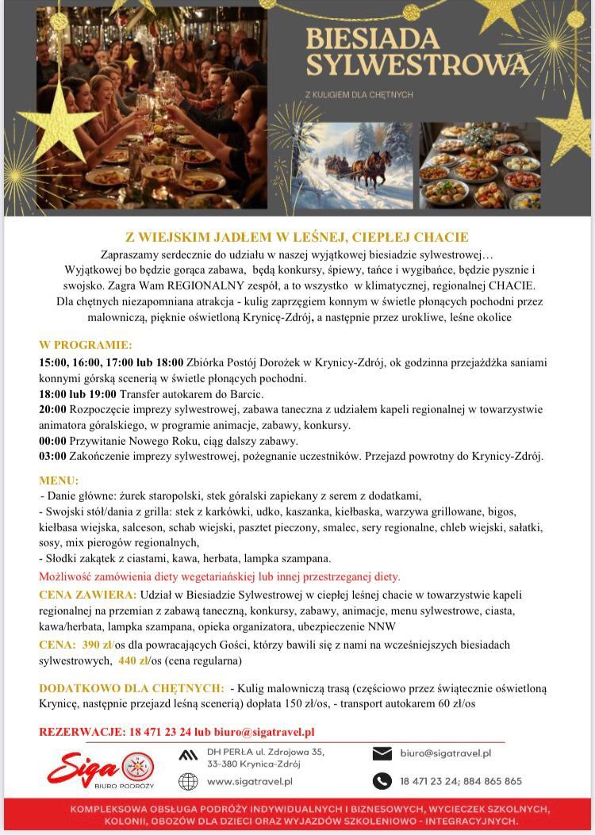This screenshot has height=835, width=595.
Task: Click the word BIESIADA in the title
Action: [372, 37]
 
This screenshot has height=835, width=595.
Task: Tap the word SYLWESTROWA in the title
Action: [417, 63]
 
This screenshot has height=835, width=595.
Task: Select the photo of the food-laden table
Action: [479, 166]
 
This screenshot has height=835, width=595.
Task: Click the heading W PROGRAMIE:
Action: [86, 345]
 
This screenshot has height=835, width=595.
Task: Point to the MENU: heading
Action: [59, 480]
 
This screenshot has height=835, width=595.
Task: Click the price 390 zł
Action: [98, 644]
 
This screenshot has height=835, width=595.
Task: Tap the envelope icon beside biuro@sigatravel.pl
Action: [382, 753]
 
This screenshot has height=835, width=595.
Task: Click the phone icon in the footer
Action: [382, 780]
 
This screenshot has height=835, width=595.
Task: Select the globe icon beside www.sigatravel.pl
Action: [188, 781]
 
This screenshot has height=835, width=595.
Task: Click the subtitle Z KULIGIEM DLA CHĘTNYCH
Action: [359, 95]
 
